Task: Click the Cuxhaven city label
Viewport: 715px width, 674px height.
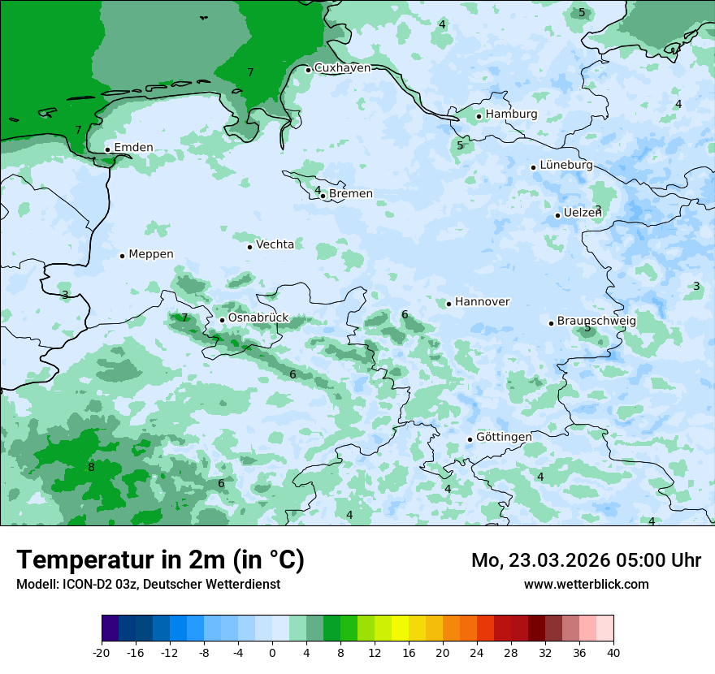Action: pos(342,68)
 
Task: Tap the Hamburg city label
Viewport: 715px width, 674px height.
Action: pos(511,114)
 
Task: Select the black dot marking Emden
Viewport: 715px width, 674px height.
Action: pos(107,149)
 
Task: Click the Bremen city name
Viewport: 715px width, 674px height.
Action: pos(351,194)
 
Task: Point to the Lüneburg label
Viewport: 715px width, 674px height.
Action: pos(566,166)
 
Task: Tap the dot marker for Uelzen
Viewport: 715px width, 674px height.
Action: pos(558,215)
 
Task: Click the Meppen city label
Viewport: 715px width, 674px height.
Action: pos(151,254)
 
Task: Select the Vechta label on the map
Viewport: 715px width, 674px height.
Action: pos(275,244)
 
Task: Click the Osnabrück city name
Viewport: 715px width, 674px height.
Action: pos(258,318)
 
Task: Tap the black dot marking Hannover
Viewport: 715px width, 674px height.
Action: pos(448,304)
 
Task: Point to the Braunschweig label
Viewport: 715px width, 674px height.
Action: pos(596,322)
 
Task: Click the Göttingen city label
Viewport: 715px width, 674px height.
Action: pos(504,438)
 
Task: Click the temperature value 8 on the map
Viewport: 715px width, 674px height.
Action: pos(91,468)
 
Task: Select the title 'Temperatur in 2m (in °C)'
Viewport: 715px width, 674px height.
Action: pos(161,560)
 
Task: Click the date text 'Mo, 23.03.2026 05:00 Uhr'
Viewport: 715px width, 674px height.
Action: pos(586,560)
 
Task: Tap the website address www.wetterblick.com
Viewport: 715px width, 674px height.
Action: pos(586,584)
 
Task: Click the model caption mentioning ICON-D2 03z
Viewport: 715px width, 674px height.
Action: pos(148,584)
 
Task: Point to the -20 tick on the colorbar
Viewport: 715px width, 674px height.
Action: pos(102,652)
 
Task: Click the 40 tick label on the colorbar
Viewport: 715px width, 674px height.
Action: pos(613,652)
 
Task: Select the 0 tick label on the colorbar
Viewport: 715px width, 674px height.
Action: pos(272,652)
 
